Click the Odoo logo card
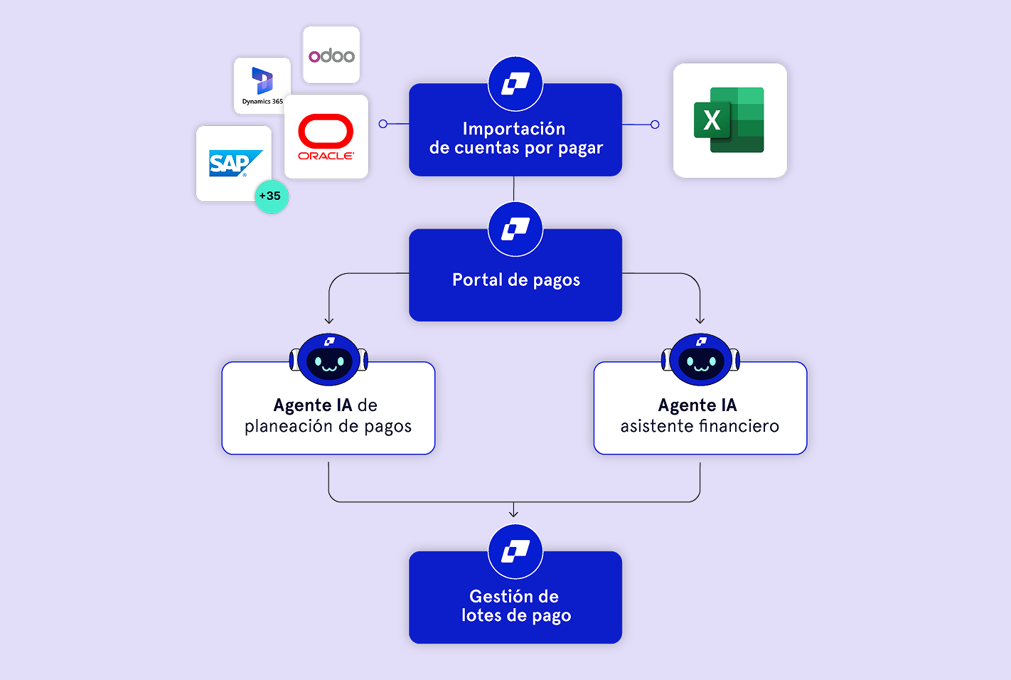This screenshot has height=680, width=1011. pyautogui.click(x=331, y=55)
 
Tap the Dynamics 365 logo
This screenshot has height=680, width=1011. pyautogui.click(x=262, y=81)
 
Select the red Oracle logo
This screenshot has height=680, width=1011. pyautogui.click(x=326, y=132)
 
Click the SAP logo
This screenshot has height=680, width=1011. pyautogui.click(x=232, y=164)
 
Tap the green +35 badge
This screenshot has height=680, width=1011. pyautogui.click(x=271, y=196)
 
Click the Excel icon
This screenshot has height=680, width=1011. pyautogui.click(x=729, y=120)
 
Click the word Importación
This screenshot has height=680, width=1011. pyautogui.click(x=514, y=129)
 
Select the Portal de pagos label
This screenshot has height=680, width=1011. pyautogui.click(x=516, y=280)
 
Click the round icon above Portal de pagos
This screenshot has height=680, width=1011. pyautogui.click(x=515, y=229)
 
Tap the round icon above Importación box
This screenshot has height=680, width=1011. pyautogui.click(x=515, y=84)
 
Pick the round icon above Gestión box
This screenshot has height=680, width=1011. pyautogui.click(x=515, y=551)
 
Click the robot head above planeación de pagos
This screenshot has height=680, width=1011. pyautogui.click(x=328, y=360)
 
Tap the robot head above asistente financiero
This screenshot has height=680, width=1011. pyautogui.click(x=700, y=360)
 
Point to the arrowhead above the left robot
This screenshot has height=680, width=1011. pyautogui.click(x=328, y=321)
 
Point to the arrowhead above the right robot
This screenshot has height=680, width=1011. pyautogui.click(x=700, y=321)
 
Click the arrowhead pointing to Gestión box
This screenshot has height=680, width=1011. pyautogui.click(x=513, y=514)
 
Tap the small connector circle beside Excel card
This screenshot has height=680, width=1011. pyautogui.click(x=655, y=124)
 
